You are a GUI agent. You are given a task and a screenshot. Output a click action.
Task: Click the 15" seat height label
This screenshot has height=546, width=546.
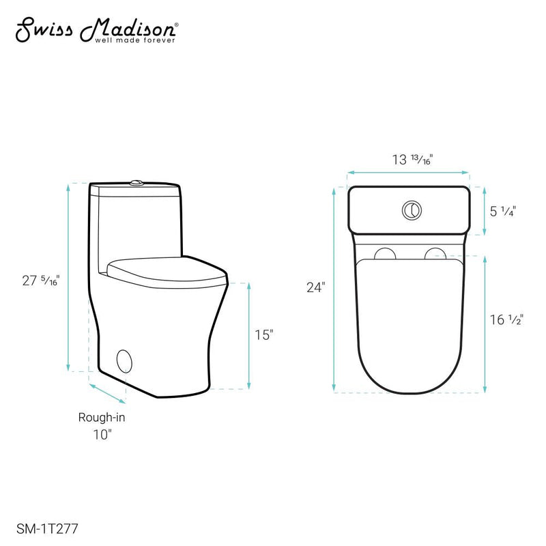point(264,334)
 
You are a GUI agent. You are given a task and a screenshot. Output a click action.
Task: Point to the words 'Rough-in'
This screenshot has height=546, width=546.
point(101,418)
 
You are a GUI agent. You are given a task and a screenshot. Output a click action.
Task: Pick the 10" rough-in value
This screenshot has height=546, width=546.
point(101,435)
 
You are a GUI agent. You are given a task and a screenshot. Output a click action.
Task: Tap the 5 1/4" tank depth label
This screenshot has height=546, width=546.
point(502,211)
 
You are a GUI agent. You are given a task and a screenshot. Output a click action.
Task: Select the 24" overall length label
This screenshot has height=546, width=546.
point(315,287)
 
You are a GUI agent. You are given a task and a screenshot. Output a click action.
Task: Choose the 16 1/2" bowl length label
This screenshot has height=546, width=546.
point(506,319)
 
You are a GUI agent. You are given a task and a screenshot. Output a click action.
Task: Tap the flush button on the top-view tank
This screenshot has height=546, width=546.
point(411,210)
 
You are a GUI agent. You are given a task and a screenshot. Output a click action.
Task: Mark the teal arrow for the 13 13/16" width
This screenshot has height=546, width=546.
point(408,173)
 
